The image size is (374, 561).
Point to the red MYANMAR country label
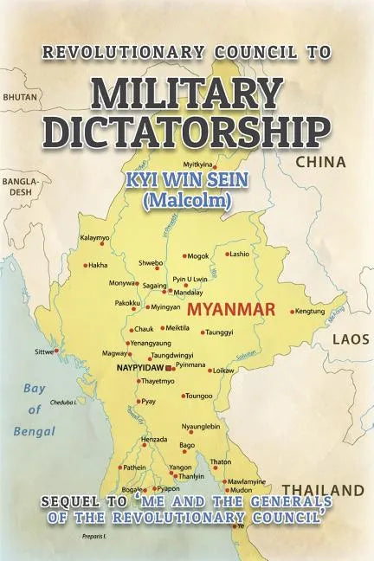(x=231, y=309)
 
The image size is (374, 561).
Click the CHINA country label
(x=321, y=162)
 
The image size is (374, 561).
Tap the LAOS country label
(x=351, y=339)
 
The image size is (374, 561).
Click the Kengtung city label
(x=311, y=312)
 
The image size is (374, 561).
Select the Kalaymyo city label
(x=94, y=236)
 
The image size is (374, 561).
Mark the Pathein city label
(x=134, y=467)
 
